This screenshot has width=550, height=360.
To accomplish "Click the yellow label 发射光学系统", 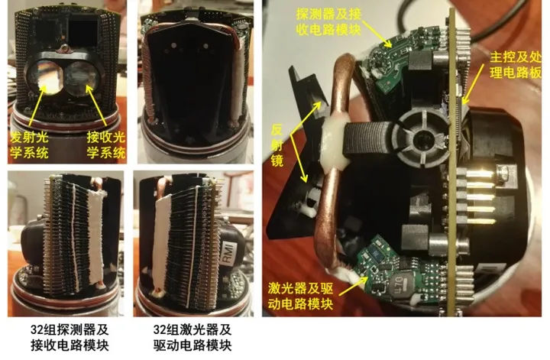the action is coord(29,144).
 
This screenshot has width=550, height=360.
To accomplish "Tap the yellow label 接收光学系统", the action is coord(106,144).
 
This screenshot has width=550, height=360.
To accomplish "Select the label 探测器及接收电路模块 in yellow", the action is coord(328,21).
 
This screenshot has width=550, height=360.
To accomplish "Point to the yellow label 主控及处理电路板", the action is coord(516,64).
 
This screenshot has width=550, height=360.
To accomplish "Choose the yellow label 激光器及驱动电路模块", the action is coord(301,296).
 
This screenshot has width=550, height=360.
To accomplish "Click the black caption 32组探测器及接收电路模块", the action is coord(70,337).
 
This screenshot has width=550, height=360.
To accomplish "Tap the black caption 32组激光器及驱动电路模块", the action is coord(192,337).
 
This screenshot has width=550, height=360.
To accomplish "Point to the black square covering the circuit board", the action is coord(82,33).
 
